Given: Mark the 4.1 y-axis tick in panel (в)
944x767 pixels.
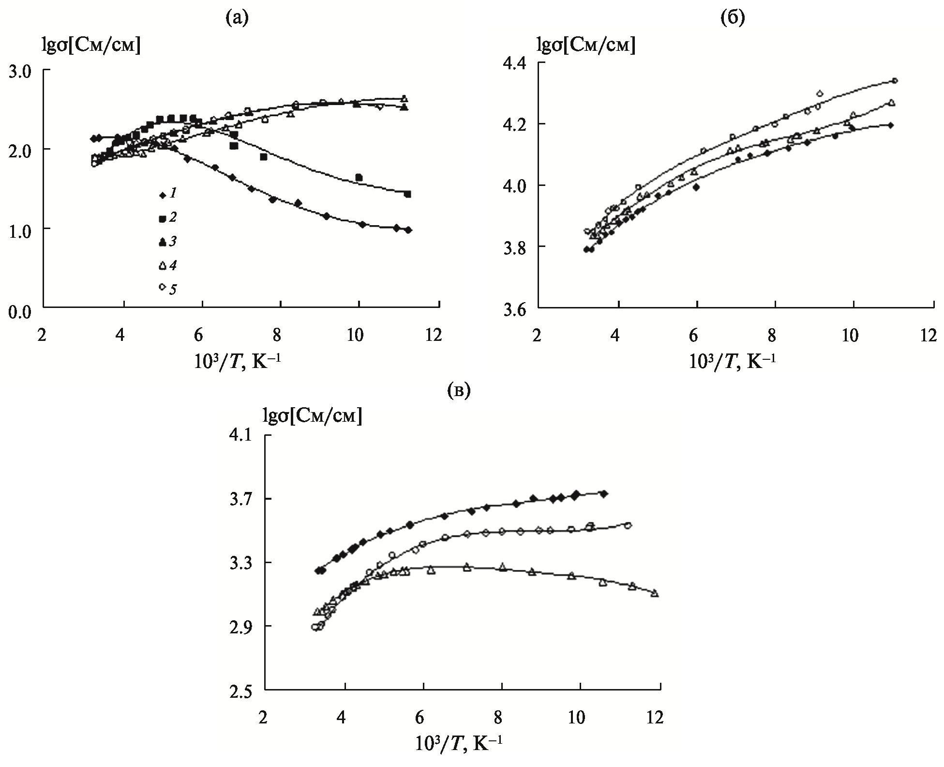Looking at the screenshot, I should pyautogui.click(x=243, y=436).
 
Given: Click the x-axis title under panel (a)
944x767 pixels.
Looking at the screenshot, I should pyautogui.click(x=237, y=360).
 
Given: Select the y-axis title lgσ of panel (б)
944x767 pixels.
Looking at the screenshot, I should pyautogui.click(x=586, y=45).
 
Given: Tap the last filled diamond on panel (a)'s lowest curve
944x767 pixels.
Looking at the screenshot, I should pyautogui.click(x=408, y=230).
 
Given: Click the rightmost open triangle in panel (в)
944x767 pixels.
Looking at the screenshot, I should pyautogui.click(x=655, y=593).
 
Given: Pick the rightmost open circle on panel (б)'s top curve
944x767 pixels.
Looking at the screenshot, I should pyautogui.click(x=895, y=81).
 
